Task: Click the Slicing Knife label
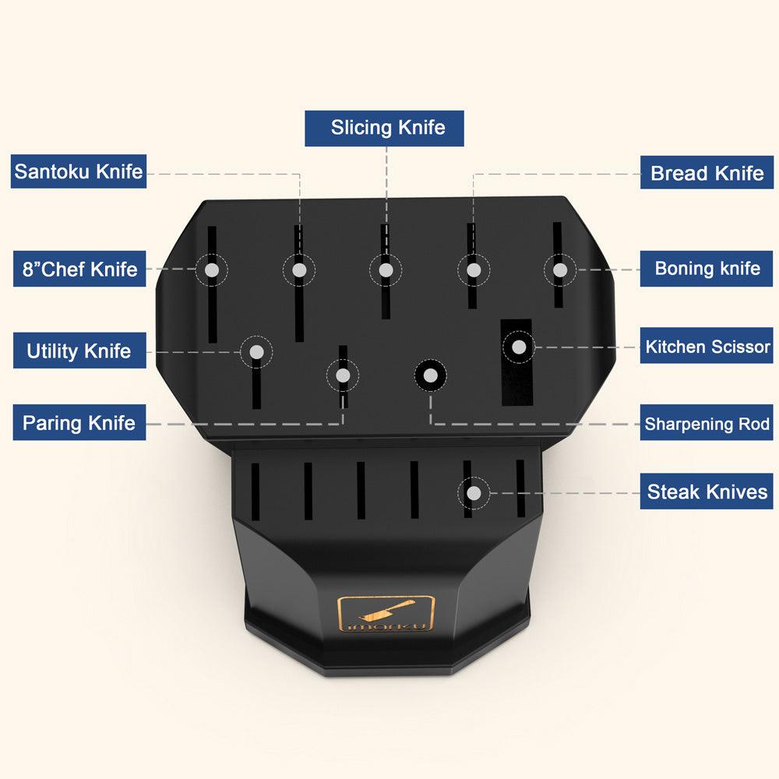(x=384, y=129)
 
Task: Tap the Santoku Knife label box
(x=79, y=171)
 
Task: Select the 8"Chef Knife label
(x=79, y=269)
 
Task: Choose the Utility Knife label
(x=79, y=351)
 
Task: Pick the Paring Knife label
(x=79, y=422)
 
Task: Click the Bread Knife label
(x=707, y=172)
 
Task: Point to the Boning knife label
(x=707, y=268)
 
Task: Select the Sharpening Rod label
(x=707, y=422)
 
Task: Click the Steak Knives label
(x=707, y=491)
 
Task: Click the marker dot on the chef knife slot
(x=212, y=270)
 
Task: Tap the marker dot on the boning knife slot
(x=560, y=270)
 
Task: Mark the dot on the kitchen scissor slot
(x=519, y=347)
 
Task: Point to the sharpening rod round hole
(x=430, y=375)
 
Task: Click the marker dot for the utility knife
(x=256, y=352)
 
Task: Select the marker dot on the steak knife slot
(x=474, y=493)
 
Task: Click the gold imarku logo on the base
(x=386, y=614)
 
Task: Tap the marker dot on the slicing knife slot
(x=386, y=270)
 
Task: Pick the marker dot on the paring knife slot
(x=342, y=375)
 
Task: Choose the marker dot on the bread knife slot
(x=474, y=270)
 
